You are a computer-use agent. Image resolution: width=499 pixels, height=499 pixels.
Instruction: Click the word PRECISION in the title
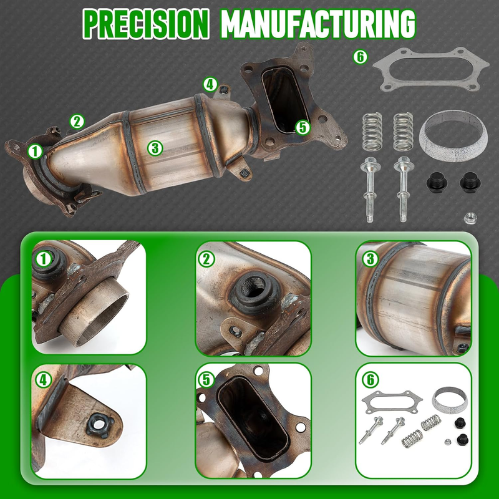pyautogui.click(x=146, y=24)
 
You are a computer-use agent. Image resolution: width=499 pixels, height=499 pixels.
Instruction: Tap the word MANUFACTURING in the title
pyautogui.click(x=318, y=24)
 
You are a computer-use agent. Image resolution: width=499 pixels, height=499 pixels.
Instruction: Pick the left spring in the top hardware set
pyautogui.click(x=372, y=132)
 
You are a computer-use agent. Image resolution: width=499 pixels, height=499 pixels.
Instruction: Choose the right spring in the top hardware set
pyautogui.click(x=403, y=132)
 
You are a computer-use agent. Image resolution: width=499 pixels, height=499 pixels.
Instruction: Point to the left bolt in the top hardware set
pyautogui.click(x=369, y=190)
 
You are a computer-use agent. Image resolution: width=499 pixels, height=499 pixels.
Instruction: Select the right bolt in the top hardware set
pyautogui.click(x=403, y=190)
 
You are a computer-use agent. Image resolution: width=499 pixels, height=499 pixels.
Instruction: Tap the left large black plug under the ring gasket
pyautogui.click(x=437, y=182)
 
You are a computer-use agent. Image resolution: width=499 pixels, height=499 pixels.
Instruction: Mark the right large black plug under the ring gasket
pyautogui.click(x=470, y=182)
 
